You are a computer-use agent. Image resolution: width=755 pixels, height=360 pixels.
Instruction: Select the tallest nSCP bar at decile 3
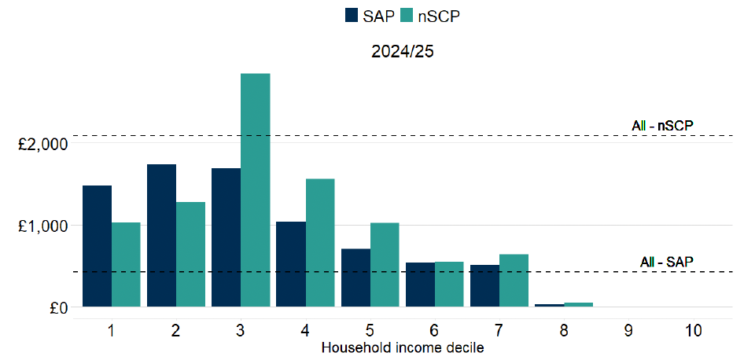256,189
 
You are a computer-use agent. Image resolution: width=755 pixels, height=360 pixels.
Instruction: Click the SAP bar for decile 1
97,246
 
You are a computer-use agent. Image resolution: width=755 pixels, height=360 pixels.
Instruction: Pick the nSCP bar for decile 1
126,264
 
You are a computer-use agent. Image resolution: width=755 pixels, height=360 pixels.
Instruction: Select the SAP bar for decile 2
161,235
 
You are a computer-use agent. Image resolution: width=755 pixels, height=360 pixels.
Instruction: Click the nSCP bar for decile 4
320,242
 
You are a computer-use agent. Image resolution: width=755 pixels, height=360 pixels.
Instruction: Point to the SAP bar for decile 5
355,277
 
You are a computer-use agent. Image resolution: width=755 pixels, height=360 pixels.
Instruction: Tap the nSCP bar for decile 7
514,280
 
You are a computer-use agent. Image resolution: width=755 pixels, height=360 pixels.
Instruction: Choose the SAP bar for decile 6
419,285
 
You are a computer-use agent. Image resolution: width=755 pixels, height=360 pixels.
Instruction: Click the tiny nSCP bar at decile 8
578,304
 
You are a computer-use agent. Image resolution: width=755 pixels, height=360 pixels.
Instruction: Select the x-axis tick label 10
692,331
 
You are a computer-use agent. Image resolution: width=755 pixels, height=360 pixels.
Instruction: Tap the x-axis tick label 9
628,331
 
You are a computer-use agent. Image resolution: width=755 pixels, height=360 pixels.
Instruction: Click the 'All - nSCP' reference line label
661,125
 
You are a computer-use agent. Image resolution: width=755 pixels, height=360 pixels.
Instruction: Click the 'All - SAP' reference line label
665,261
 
